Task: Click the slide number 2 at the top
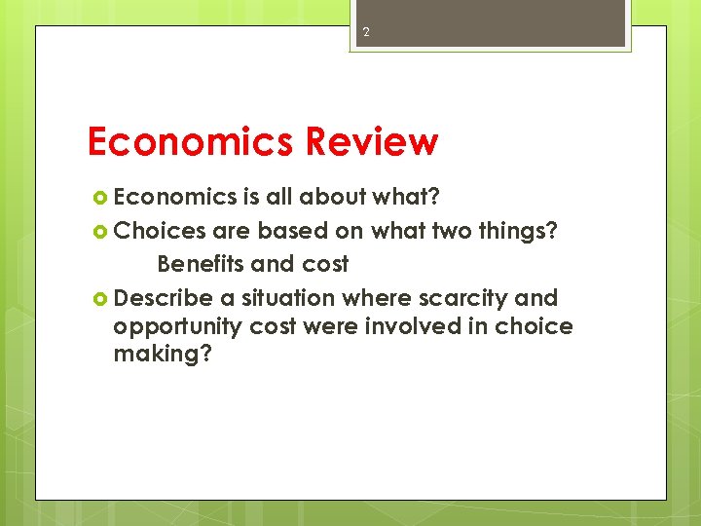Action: click(x=366, y=32)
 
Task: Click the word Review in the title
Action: click(x=371, y=142)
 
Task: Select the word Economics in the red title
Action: click(x=191, y=142)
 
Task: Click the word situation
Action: click(x=287, y=297)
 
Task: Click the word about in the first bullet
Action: click(x=332, y=198)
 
